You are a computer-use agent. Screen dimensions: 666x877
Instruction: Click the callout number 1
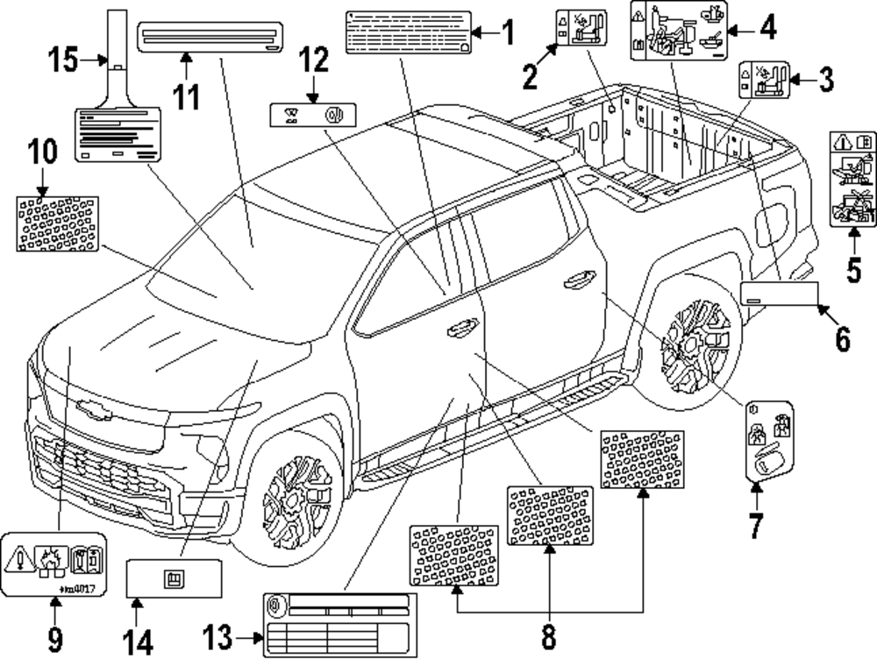(x=507, y=33)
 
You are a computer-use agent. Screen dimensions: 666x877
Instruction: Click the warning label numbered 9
(x=54, y=563)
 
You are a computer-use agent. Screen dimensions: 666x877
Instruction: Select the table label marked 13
(x=337, y=623)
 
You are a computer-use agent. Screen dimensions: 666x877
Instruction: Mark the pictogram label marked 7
(x=768, y=439)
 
